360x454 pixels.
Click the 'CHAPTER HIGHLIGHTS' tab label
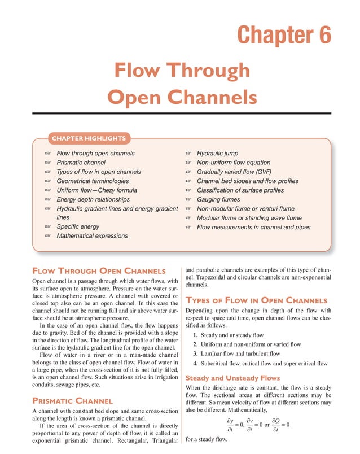tap(90, 138)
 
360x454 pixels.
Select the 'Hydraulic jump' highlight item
tap(217, 153)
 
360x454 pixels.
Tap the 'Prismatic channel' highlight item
tap(85, 163)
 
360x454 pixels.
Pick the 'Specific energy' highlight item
tap(78, 226)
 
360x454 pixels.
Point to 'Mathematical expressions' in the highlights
tap(92, 236)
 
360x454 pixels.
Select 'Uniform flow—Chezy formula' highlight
tap(96, 190)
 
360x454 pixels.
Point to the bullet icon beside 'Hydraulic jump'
tap(189, 154)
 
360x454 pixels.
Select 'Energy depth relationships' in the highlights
tap(93, 199)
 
